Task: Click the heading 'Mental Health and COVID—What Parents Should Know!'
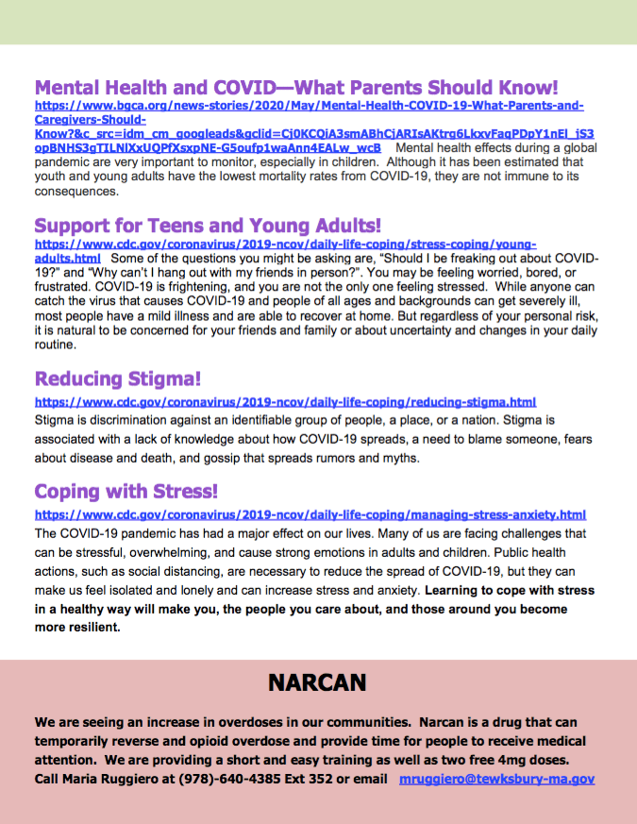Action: [x=296, y=88]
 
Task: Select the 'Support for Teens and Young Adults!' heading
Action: [x=208, y=226]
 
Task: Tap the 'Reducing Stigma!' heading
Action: [x=118, y=379]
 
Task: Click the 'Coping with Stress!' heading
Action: [x=126, y=492]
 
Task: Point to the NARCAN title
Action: [x=317, y=682]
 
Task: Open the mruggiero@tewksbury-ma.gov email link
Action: [x=496, y=780]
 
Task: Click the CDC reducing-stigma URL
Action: [x=298, y=402]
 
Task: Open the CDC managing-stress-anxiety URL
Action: [x=310, y=515]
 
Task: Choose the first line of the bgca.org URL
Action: [x=310, y=107]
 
